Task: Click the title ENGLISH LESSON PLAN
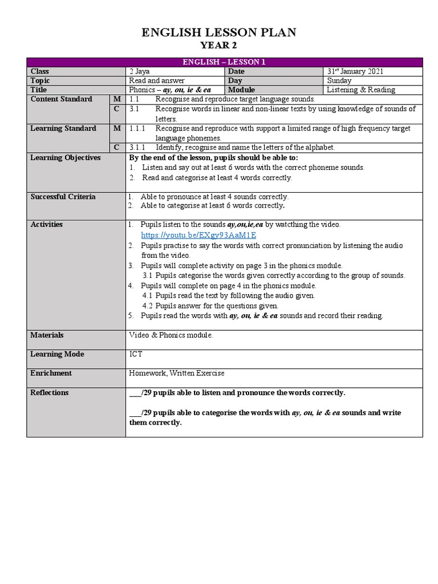click(x=219, y=33)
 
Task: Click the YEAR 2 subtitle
click(x=219, y=46)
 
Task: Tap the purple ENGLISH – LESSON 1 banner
click(x=224, y=62)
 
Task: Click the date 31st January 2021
click(x=355, y=71)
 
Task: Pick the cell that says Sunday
click(x=340, y=80)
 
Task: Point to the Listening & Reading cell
click(x=361, y=90)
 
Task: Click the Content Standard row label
click(x=61, y=99)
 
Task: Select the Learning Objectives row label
click(x=65, y=157)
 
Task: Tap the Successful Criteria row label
click(x=63, y=197)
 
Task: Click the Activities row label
click(x=47, y=224)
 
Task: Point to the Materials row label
click(x=47, y=335)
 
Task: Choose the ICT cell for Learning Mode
click(x=136, y=354)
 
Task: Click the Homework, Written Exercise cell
click(x=177, y=373)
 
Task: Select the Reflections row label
click(x=49, y=392)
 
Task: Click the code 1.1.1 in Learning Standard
click(x=137, y=128)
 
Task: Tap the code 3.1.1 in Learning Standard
click(x=137, y=147)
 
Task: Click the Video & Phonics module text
click(x=171, y=335)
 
